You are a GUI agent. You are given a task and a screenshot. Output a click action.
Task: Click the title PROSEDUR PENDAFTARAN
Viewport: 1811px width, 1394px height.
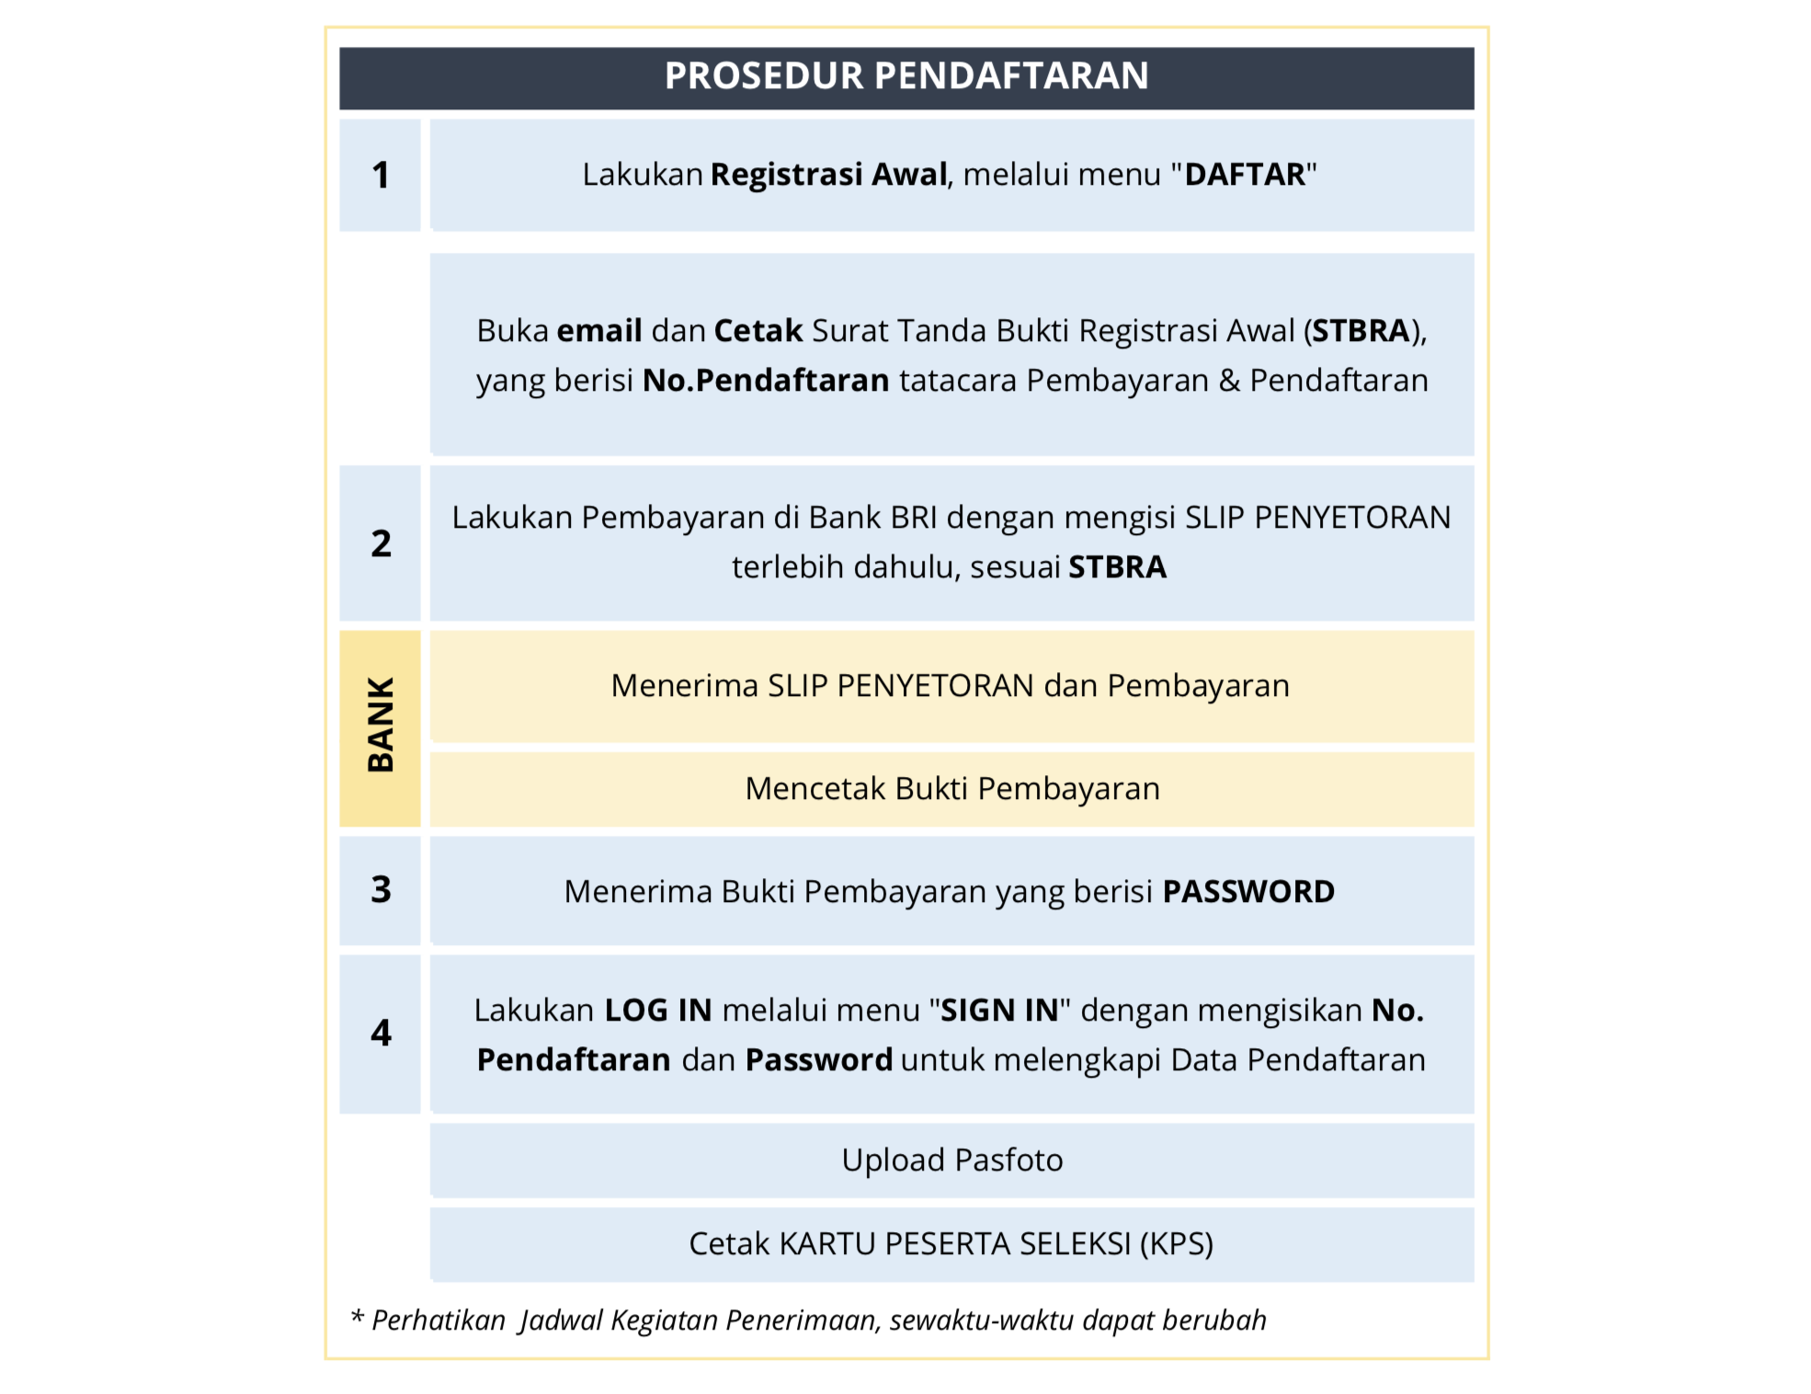tap(905, 76)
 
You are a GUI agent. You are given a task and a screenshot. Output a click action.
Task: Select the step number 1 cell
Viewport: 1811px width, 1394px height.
tap(380, 176)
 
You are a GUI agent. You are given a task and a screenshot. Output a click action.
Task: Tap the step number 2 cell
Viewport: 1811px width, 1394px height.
tap(380, 543)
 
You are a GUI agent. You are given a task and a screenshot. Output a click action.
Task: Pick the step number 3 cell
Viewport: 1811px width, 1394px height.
tap(380, 889)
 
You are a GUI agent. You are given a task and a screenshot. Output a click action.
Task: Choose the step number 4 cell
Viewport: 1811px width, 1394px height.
tap(380, 1034)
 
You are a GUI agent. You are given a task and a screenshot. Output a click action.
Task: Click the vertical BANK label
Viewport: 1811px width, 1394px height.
tap(380, 726)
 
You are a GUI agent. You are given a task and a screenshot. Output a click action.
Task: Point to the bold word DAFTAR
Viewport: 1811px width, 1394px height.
tap(1245, 175)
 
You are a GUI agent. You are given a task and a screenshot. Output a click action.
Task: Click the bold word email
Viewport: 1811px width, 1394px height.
tap(599, 331)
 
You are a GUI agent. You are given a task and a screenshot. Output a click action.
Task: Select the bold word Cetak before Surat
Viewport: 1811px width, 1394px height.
tap(757, 331)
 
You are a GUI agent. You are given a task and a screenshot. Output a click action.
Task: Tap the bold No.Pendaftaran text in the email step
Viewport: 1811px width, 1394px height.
tap(766, 381)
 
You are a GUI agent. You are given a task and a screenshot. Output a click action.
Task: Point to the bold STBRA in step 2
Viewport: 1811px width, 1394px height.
tap(1117, 567)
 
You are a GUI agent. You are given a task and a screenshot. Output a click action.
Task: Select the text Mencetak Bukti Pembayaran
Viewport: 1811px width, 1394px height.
tap(951, 789)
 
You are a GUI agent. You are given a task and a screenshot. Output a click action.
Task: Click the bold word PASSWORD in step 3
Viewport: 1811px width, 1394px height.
tap(1247, 892)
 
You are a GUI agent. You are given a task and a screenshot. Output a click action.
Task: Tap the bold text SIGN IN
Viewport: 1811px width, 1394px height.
tap(999, 1011)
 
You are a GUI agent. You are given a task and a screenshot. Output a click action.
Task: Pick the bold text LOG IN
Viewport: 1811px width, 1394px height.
tap(658, 1011)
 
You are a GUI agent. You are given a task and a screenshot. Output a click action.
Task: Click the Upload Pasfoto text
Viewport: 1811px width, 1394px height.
tap(951, 1160)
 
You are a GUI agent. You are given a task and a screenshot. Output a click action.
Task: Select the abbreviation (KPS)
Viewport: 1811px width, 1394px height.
tap(1177, 1244)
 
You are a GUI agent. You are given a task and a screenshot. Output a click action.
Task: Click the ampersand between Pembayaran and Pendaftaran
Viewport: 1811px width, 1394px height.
tap(1229, 381)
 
